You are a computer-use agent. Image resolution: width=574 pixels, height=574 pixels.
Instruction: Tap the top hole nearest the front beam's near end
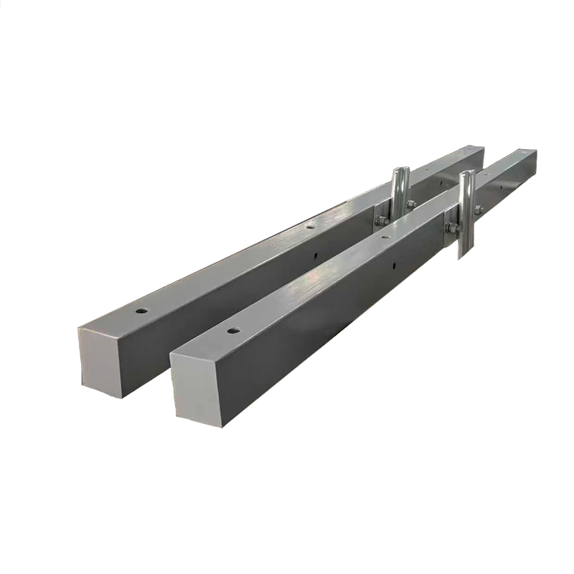point(232,330)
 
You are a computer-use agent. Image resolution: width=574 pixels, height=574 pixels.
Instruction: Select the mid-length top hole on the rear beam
point(309,225)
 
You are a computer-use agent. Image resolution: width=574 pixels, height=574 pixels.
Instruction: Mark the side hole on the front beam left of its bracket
point(394,266)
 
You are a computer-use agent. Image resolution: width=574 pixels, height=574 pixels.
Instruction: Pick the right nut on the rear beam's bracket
point(412,204)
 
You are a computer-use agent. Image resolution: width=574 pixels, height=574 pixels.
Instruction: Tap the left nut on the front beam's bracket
point(451,228)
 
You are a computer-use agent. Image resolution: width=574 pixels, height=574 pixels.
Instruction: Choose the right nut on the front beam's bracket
point(479,210)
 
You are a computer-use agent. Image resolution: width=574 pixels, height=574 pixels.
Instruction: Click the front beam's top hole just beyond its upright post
point(486,174)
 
